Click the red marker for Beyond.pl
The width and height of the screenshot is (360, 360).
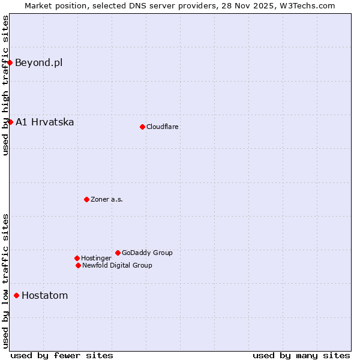[10, 62]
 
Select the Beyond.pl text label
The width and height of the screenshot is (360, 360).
[38, 62]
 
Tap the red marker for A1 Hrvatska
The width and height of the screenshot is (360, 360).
[10, 122]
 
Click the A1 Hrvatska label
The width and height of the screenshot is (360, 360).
[44, 122]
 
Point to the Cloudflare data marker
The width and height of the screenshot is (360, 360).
[142, 127]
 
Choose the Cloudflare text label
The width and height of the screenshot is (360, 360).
[162, 127]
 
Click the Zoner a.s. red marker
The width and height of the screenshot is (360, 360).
[86, 199]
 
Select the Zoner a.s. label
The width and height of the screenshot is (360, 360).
[107, 199]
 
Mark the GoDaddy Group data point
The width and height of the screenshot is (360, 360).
[118, 253]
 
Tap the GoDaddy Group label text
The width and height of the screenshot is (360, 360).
[147, 253]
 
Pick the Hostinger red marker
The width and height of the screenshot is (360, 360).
[77, 258]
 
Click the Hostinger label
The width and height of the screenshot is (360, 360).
[96, 258]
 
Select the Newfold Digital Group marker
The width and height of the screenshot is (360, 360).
[78, 265]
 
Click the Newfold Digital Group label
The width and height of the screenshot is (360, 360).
[117, 265]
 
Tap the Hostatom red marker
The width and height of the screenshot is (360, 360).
[16, 295]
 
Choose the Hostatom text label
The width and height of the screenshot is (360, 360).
[44, 295]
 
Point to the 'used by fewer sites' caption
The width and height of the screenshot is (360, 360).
[62, 355]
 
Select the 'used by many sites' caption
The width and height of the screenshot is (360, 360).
[301, 355]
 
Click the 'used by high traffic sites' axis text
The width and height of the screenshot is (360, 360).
[5, 85]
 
